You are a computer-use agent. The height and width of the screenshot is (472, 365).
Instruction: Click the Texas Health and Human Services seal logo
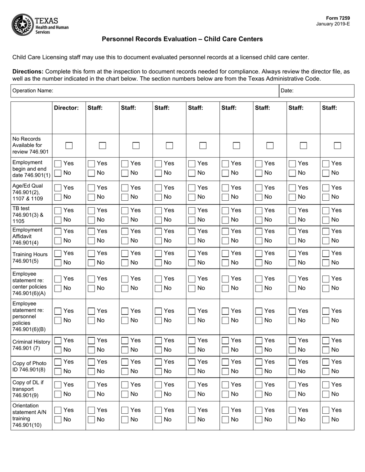click(x=23, y=24)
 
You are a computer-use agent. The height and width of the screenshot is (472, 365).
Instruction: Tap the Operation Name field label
click(x=33, y=91)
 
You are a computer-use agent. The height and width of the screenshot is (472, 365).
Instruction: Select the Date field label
click(x=287, y=91)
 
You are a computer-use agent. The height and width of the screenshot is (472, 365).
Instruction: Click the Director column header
click(x=66, y=108)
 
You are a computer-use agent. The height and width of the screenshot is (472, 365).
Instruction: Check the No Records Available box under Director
click(x=69, y=146)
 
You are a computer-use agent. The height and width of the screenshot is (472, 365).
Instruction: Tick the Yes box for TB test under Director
click(x=58, y=211)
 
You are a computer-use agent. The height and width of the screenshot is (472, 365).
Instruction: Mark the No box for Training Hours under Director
click(x=58, y=263)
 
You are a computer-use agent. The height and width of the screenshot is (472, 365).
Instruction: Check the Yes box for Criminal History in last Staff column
click(x=325, y=341)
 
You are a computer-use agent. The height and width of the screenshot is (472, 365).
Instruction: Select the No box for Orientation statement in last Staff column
click(x=325, y=420)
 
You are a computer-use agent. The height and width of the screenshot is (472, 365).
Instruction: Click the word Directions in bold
click(x=28, y=72)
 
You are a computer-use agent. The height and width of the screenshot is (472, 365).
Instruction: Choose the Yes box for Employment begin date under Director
click(x=58, y=164)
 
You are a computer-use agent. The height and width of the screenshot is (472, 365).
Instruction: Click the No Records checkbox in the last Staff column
click(x=337, y=146)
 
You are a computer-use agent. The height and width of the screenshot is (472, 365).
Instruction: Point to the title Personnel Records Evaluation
click(x=182, y=39)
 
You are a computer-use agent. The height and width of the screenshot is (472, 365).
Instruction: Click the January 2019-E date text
click(x=333, y=24)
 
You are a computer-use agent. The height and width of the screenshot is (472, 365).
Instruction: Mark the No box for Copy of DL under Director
click(x=58, y=394)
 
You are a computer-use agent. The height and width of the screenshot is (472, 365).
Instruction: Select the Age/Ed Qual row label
click(x=28, y=192)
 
